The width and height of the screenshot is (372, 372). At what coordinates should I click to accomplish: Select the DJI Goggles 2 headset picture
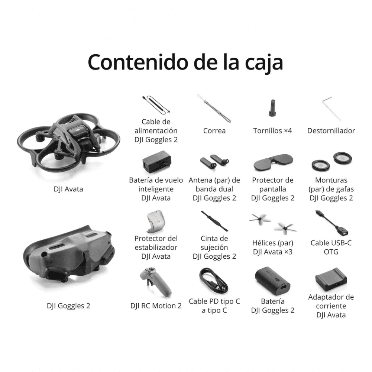click(x=68, y=257)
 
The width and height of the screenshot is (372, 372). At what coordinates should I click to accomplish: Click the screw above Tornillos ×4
click(x=272, y=108)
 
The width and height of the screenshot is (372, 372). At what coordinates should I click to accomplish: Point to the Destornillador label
click(x=331, y=131)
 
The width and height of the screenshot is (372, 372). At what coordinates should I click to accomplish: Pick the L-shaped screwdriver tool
click(x=331, y=108)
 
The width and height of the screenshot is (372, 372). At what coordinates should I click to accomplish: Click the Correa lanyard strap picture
click(x=214, y=108)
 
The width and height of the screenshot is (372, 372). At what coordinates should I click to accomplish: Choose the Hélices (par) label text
click(x=272, y=243)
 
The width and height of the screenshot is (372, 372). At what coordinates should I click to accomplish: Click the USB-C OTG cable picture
click(x=331, y=223)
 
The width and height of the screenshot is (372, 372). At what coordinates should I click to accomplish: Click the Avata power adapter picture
click(x=331, y=279)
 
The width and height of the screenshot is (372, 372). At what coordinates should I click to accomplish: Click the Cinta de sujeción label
click(x=214, y=243)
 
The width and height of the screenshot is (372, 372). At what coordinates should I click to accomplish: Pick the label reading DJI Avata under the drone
click(x=68, y=189)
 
